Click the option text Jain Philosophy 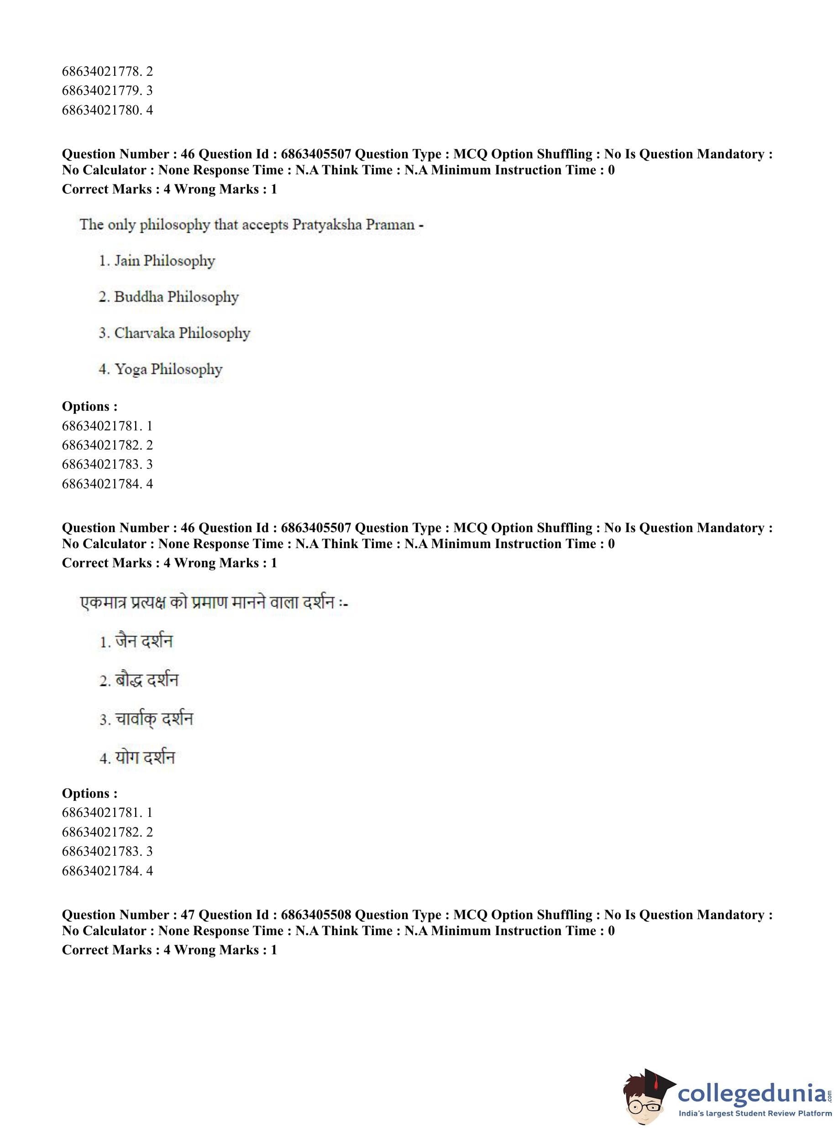(164, 261)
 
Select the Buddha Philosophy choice (176, 297)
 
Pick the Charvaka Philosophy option (182, 333)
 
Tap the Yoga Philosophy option (168, 369)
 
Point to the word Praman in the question (390, 224)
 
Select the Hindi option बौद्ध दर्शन (147, 680)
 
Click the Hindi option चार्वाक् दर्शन (154, 719)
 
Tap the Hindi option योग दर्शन (145, 758)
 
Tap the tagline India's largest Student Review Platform (755, 1113)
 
